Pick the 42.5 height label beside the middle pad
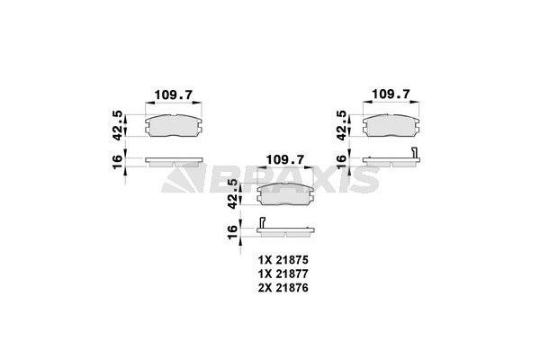pyautogui.click(x=232, y=192)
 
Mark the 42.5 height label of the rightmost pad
pyautogui.click(x=341, y=123)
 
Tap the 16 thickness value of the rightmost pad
pyautogui.click(x=341, y=163)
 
